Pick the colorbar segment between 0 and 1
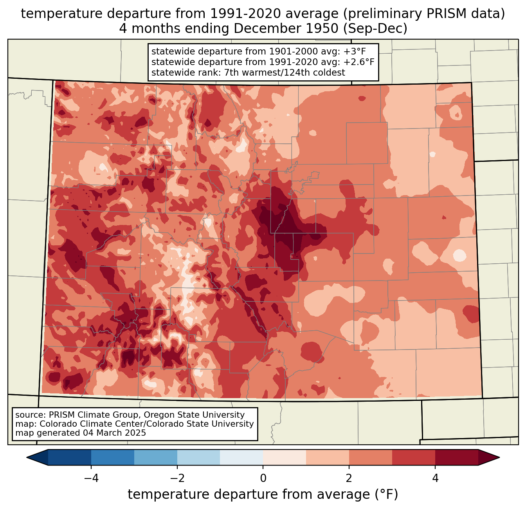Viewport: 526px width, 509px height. (285, 457)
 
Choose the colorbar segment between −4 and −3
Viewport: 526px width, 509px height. (113, 457)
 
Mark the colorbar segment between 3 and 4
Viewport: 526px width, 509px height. (414, 457)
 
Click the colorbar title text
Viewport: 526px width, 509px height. (263, 495)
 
